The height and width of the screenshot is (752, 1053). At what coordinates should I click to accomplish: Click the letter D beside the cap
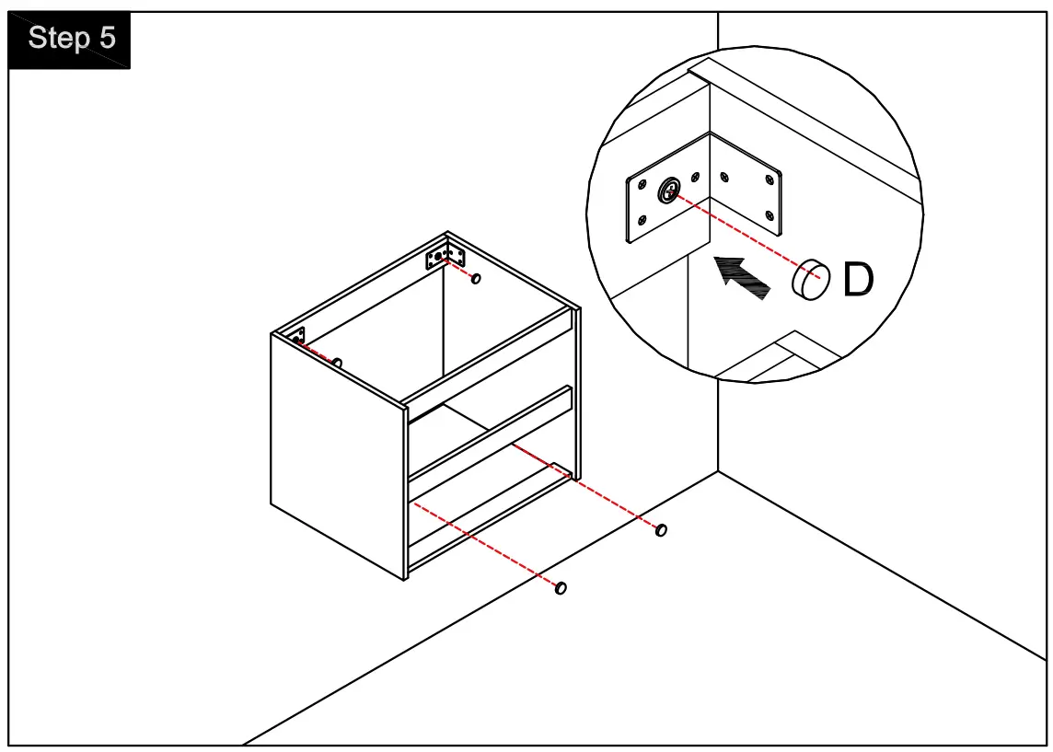click(857, 280)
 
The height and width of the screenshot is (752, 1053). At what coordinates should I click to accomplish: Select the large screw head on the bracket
click(670, 191)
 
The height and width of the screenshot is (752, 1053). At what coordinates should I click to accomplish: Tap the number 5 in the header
click(108, 40)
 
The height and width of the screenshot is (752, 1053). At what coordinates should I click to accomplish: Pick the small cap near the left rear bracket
click(338, 364)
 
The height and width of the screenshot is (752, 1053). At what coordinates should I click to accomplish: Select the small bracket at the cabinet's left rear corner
click(297, 337)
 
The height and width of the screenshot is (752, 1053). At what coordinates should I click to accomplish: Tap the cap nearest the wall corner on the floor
click(661, 530)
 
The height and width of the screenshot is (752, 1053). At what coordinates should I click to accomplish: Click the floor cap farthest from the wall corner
click(561, 587)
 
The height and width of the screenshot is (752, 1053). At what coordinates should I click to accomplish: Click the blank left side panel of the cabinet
click(337, 456)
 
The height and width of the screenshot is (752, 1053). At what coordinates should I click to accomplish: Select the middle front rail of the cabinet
click(488, 432)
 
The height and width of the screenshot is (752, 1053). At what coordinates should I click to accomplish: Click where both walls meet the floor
click(718, 472)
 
